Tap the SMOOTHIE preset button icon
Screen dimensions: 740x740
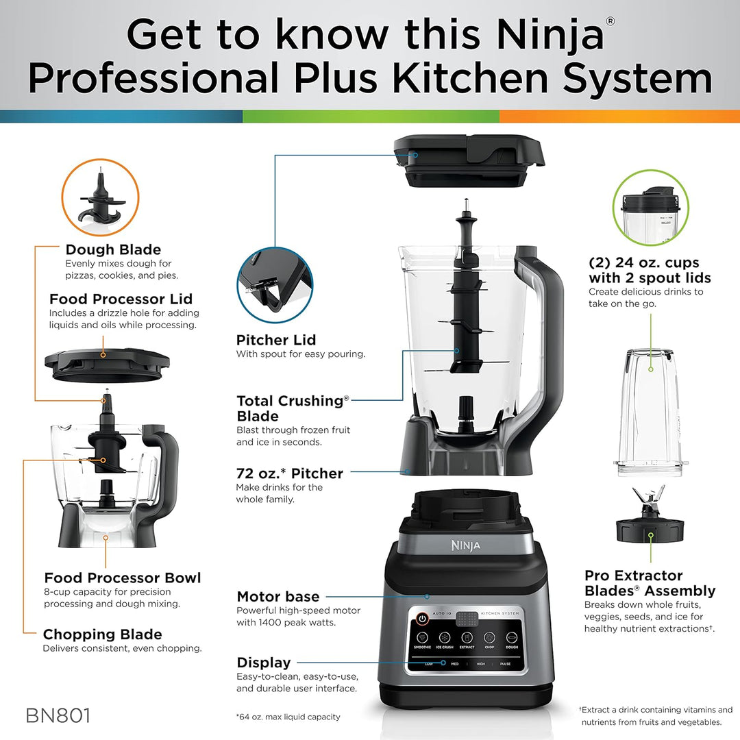[x=423, y=637]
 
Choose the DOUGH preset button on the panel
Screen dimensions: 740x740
[x=511, y=637]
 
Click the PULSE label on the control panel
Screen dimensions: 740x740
[x=505, y=664]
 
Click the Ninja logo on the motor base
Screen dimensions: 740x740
[x=465, y=545]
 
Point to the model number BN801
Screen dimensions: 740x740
[x=58, y=716]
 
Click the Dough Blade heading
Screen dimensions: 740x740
[x=113, y=249]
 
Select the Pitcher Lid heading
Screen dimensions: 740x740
[x=276, y=340]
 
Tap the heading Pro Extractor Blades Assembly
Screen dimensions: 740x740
[x=650, y=583]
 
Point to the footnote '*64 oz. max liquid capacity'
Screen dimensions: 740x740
[x=288, y=717]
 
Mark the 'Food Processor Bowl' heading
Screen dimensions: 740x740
[x=123, y=578]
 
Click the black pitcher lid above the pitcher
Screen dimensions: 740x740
[x=469, y=162]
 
